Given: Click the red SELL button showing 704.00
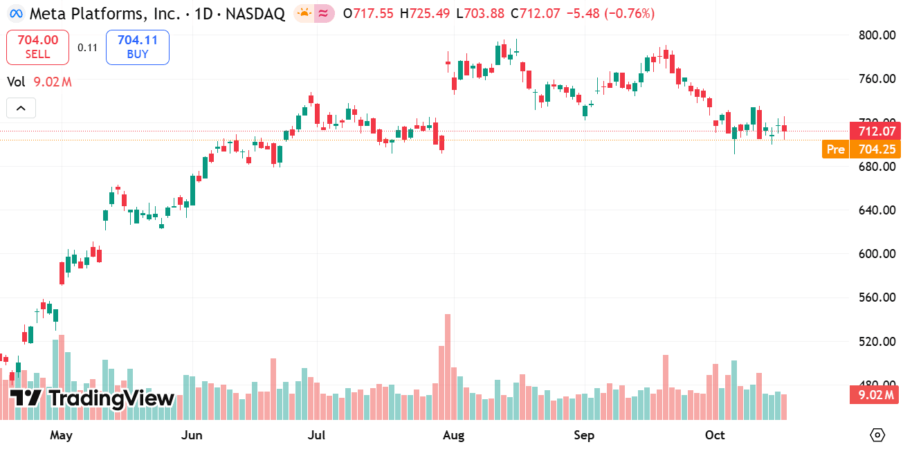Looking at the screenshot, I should [37, 47].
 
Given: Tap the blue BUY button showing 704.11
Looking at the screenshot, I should [138, 47].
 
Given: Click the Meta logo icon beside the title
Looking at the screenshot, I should [15, 13].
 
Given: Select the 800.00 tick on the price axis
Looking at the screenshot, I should [877, 35].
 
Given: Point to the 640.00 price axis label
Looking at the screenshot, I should [877, 210].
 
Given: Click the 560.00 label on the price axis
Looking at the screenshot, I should [877, 297].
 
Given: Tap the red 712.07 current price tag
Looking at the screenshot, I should [877, 131].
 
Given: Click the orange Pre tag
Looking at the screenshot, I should [836, 149].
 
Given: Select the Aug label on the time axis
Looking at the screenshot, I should [453, 435].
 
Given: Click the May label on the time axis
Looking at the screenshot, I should [62, 435].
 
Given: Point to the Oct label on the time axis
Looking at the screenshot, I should [715, 435].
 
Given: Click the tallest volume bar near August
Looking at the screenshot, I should [448, 367].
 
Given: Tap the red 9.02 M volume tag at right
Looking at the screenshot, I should [875, 395].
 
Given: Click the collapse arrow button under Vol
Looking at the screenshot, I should [21, 108].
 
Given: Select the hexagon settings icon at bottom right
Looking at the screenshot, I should [877, 435].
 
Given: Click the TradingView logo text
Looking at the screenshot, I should [93, 398].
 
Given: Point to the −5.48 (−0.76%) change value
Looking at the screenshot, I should [605, 13].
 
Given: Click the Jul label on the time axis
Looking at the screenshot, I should [316, 435].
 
